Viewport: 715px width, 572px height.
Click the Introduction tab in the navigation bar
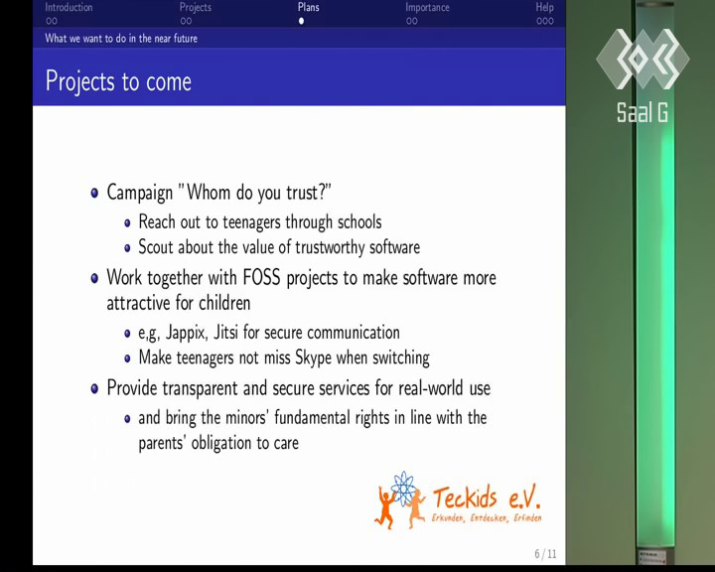[69, 8]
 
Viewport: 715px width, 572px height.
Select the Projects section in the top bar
[196, 8]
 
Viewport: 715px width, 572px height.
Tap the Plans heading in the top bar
[309, 7]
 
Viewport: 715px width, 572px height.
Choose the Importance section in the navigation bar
[427, 8]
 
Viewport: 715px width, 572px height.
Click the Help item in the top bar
[545, 8]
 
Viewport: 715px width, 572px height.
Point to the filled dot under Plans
[301, 21]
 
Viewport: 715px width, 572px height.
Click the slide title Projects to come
[118, 82]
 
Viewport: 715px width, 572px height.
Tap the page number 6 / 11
[545, 554]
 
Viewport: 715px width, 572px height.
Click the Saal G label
[643, 112]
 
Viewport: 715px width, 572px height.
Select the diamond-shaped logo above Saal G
[643, 59]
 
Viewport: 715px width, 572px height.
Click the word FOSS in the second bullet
[261, 278]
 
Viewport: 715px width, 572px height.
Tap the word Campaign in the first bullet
[140, 193]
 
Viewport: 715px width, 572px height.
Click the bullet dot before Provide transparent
[94, 388]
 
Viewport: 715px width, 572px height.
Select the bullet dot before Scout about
[127, 248]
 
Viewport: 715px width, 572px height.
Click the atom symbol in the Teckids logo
[402, 489]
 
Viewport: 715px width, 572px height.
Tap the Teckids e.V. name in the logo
[486, 498]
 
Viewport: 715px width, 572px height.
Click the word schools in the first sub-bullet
[359, 222]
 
